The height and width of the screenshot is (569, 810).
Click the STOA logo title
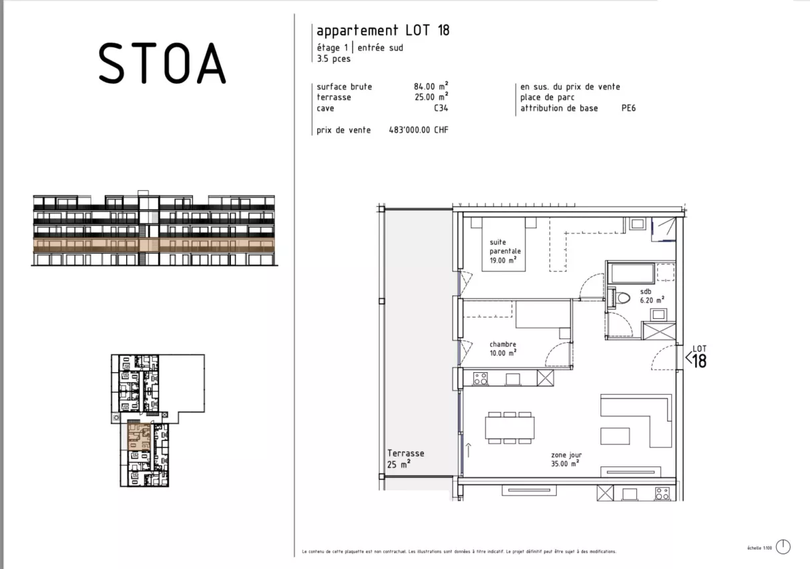point(162,63)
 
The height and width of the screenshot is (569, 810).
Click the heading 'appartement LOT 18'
point(383,31)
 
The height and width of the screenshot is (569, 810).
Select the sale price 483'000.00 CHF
point(418,130)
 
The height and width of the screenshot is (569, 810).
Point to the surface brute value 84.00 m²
point(431,87)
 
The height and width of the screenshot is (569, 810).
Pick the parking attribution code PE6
point(628,108)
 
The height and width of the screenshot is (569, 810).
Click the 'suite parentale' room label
point(504,247)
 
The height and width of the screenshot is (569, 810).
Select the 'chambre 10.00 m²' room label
point(502,349)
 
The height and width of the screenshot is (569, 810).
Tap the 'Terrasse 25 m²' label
point(405,458)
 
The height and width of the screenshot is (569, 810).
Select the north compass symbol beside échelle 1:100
point(783,546)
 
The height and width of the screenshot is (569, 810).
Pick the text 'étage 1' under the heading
point(332,47)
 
